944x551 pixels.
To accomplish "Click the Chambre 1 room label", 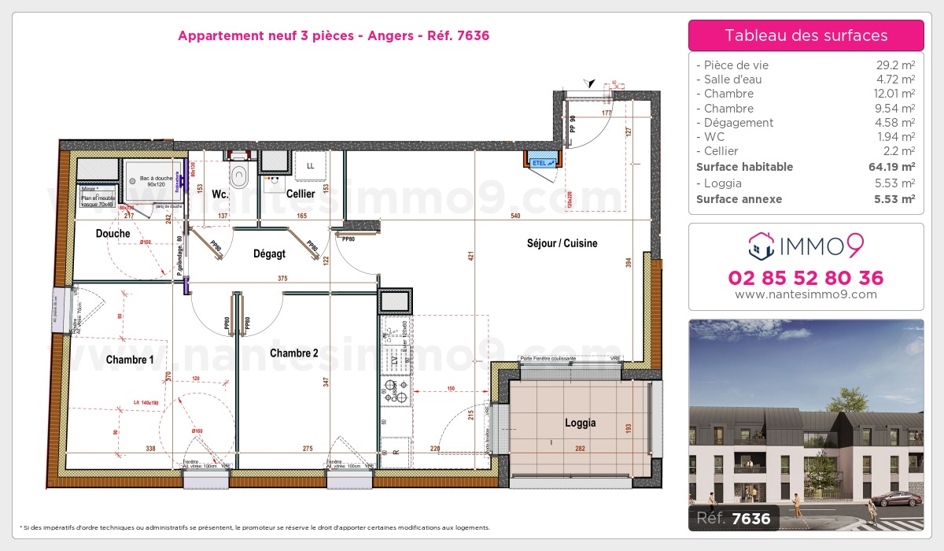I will click(130, 360).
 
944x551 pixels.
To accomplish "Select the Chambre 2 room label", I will click(293, 353).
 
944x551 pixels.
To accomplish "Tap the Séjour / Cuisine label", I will click(562, 243).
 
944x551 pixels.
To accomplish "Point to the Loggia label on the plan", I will click(580, 423).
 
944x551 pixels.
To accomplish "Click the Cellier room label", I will click(301, 194).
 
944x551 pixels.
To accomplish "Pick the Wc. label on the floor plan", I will click(220, 194).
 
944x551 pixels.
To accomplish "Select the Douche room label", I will click(112, 234).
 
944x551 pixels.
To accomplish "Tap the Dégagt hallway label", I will click(269, 253).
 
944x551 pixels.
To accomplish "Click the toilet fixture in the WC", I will click(238, 172).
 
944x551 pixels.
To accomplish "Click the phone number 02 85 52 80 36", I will click(806, 278).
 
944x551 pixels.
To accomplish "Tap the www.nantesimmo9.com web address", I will click(806, 294).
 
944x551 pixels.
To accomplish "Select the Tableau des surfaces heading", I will click(806, 35).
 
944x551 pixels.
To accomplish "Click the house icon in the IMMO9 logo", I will click(761, 246).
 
